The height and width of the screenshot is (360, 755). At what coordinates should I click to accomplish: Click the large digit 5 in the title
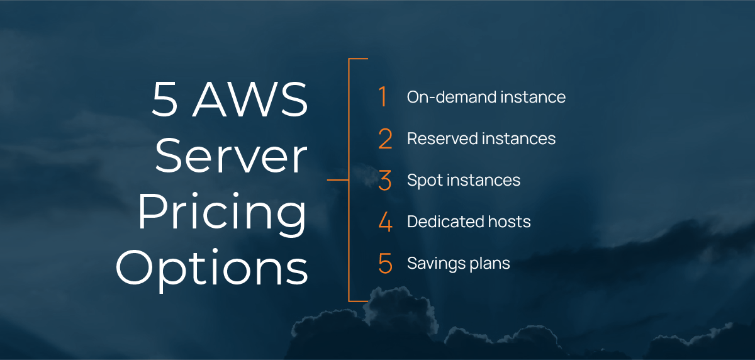coord(165,100)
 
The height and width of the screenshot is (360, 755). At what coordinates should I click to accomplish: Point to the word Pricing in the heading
coord(223,214)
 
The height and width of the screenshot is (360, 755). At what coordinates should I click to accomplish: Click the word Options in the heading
coord(212,267)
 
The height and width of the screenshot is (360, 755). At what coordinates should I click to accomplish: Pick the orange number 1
coord(383,97)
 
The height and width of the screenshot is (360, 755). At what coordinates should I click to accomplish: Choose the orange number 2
coord(385,139)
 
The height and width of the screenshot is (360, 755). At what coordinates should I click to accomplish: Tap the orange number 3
coord(385,181)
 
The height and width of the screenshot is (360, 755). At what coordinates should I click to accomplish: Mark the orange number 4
coord(385,222)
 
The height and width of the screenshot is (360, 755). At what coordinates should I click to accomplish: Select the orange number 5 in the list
coord(385,264)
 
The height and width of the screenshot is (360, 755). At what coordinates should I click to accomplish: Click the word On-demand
coord(444,97)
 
